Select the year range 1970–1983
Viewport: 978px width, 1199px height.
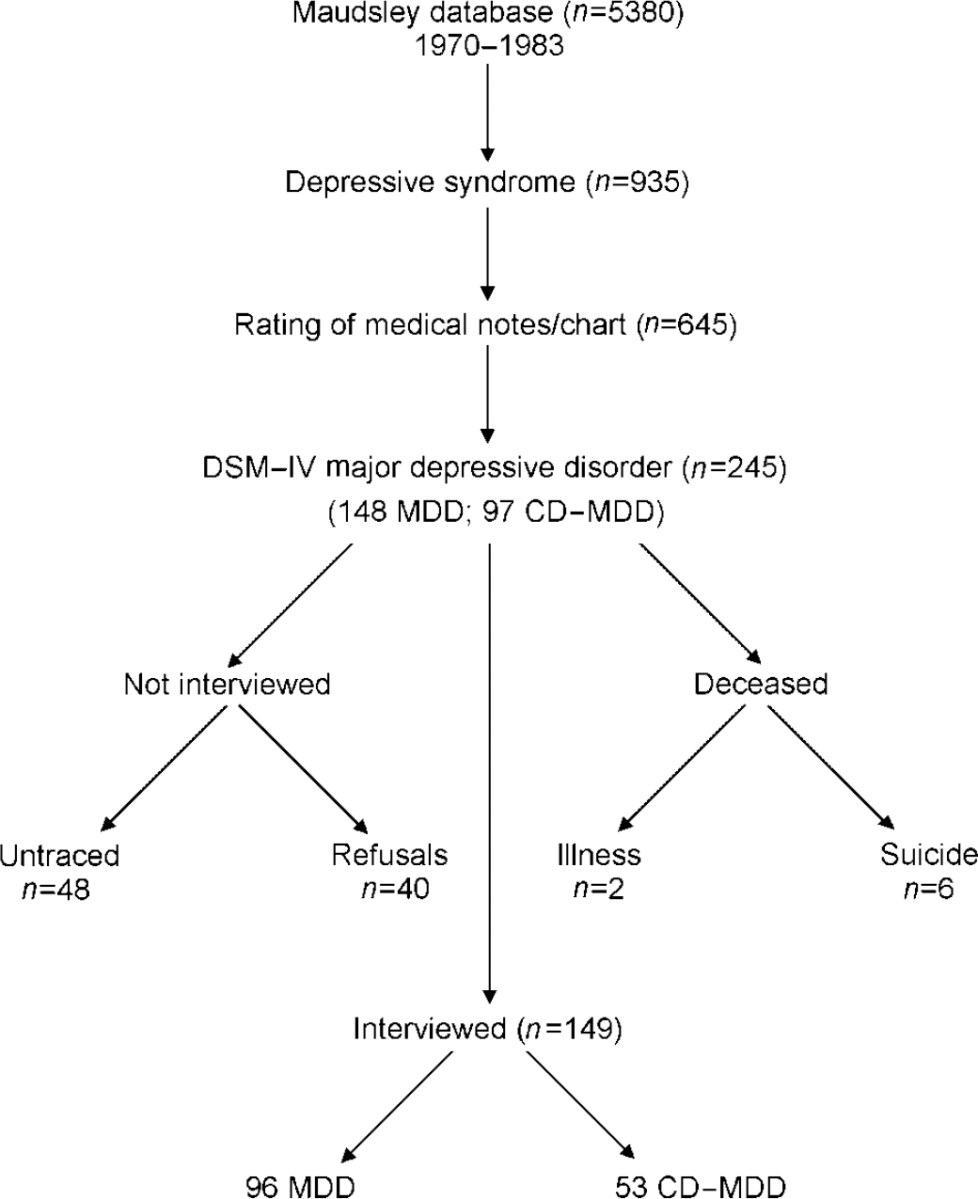487,44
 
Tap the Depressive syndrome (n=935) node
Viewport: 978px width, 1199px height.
487,181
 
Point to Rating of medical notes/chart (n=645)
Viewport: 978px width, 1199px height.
484,325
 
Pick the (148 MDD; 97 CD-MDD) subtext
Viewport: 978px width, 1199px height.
496,513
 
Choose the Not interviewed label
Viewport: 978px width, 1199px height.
227,684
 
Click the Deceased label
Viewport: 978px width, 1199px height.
761,684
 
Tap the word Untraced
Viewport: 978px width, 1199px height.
59,855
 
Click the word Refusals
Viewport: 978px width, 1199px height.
389,855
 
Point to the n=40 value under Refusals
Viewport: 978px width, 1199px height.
395,889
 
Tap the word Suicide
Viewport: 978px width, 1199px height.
929,855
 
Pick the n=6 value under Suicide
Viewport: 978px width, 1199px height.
928,889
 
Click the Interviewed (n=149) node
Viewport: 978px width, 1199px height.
487,1029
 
